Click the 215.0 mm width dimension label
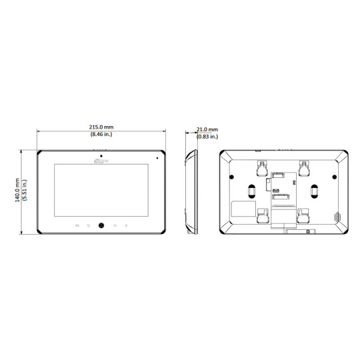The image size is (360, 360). pyautogui.click(x=101, y=128)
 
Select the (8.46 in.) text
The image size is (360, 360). pyautogui.click(x=101, y=135)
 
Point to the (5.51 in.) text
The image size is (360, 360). pyautogui.click(x=25, y=190)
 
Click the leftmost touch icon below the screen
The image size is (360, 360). pyautogui.click(x=78, y=225)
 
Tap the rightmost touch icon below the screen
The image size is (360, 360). pyautogui.click(x=127, y=225)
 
